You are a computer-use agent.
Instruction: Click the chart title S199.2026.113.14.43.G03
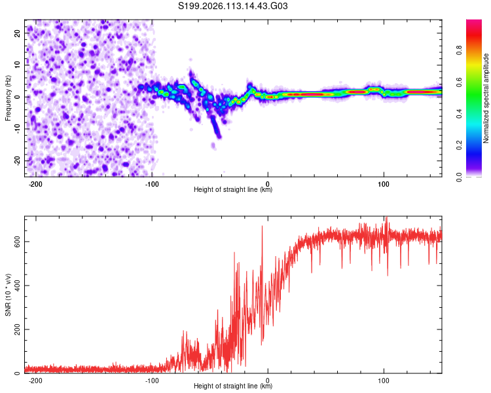(234, 7)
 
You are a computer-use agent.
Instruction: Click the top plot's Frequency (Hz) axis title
(8, 98)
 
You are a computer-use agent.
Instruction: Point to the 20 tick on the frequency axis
(18, 32)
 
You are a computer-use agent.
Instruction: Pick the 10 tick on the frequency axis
(18, 64)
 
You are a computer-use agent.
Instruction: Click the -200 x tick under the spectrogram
(35, 183)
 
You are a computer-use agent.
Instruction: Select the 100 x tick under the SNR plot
(384, 379)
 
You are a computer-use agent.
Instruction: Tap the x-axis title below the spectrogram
(233, 190)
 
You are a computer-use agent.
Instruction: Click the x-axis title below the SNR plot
(233, 386)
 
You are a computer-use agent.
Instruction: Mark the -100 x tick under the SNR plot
(151, 379)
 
